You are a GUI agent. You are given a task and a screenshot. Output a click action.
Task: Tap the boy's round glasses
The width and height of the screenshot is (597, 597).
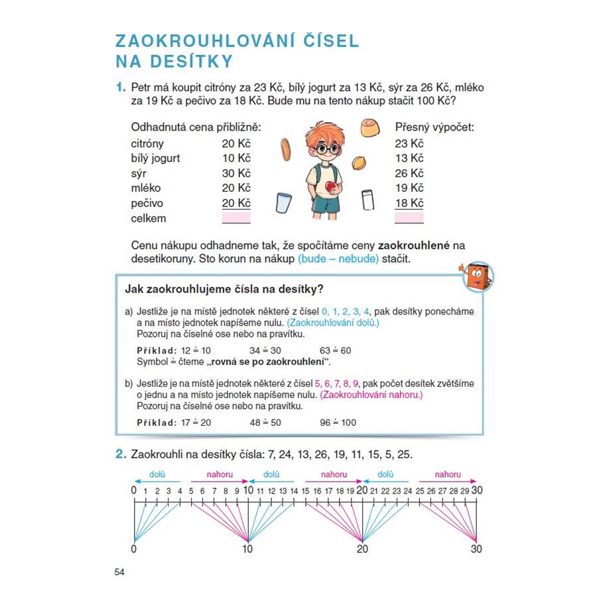(324, 149)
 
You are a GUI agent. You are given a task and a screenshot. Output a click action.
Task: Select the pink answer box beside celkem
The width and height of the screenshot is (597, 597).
(236, 218)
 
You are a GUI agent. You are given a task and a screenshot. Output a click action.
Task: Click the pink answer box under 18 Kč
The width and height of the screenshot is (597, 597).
(409, 218)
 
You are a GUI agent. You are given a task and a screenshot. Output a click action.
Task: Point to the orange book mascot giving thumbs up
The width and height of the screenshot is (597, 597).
(474, 275)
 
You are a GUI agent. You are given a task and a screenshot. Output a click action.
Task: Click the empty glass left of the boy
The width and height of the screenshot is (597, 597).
(284, 204)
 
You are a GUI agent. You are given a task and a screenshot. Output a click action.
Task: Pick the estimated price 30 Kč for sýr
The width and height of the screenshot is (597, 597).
(236, 174)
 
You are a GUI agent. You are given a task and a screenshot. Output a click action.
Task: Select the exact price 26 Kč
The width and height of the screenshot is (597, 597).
(409, 174)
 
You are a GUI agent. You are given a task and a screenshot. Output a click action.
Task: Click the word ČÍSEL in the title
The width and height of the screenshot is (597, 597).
(325, 40)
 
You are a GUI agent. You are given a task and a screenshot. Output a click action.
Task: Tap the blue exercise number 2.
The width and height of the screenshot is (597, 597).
(121, 454)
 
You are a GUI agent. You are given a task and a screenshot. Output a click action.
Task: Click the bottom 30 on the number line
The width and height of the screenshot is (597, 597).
(476, 549)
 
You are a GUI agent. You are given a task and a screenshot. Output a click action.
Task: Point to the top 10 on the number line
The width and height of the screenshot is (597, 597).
(248, 490)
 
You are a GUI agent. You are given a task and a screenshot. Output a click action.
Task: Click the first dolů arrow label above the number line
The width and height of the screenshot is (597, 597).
(157, 474)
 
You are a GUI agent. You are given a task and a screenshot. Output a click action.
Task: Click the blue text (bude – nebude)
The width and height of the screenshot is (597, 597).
(338, 259)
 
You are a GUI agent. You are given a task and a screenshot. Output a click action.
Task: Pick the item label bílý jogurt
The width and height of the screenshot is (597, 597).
(156, 159)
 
